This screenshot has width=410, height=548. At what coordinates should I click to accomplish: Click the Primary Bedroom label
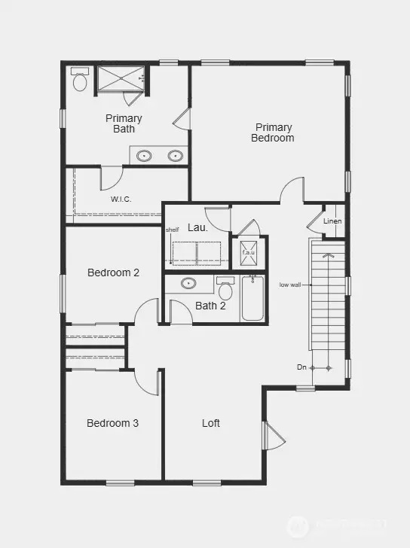(x=272, y=132)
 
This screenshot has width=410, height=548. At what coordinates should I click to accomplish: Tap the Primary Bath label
(x=124, y=123)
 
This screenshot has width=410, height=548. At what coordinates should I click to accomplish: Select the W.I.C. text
(x=121, y=199)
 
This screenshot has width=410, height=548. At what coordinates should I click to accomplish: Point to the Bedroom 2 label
(x=113, y=272)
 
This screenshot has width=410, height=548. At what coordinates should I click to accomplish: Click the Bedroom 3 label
(x=112, y=423)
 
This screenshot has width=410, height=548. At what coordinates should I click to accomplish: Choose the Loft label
(x=211, y=423)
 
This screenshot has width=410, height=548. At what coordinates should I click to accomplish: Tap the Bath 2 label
(x=210, y=306)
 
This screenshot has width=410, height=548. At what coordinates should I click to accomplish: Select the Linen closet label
(x=332, y=221)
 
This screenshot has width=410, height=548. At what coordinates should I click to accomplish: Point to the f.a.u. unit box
(x=248, y=252)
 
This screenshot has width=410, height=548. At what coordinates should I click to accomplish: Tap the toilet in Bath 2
(x=225, y=291)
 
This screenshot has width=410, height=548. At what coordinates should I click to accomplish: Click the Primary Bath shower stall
(x=121, y=78)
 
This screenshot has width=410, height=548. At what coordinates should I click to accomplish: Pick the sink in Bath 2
(x=188, y=284)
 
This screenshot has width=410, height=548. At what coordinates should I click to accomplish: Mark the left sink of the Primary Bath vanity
(x=144, y=156)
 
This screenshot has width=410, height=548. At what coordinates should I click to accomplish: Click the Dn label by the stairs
(x=301, y=367)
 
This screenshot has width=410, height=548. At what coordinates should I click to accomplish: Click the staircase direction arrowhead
(x=328, y=256)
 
